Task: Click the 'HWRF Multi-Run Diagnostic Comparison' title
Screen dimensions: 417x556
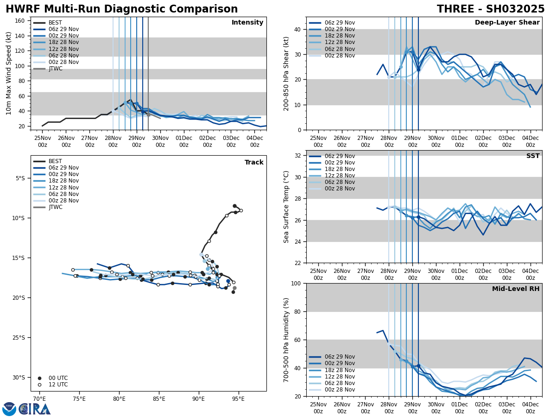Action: coord(121,9)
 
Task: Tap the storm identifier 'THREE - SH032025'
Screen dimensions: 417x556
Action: coord(491,9)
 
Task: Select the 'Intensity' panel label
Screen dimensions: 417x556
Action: coord(247,23)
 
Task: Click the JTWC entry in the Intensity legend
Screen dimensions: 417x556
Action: coord(55,69)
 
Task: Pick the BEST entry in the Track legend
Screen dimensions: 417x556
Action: coord(55,162)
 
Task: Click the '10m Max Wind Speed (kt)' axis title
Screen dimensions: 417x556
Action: coord(9,73)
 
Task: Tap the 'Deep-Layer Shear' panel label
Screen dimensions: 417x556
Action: coord(507,23)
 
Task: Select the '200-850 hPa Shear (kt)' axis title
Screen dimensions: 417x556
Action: coord(287,73)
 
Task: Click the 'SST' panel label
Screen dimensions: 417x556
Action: coord(532,156)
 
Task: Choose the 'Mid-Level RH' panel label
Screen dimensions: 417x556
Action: coord(516,289)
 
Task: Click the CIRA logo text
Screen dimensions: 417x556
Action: coord(35,409)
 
